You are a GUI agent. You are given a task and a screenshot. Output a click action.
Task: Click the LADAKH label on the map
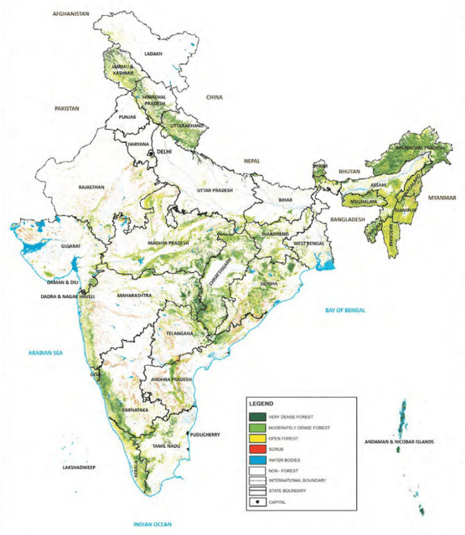[x=154, y=54]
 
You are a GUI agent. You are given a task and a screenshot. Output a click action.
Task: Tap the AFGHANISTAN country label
[x=71, y=13]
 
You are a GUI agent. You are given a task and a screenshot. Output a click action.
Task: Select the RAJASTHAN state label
[x=92, y=187]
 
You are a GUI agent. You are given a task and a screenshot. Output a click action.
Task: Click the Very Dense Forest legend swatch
[x=257, y=418]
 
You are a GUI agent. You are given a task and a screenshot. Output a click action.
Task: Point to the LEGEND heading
[x=262, y=403]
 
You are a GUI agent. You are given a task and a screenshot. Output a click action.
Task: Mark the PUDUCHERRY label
[x=205, y=434]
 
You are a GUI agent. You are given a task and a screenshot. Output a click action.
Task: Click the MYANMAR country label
[x=441, y=198]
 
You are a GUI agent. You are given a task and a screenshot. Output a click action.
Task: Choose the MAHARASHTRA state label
[x=134, y=296]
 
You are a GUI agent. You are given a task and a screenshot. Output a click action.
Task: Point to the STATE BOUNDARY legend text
[x=291, y=491]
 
